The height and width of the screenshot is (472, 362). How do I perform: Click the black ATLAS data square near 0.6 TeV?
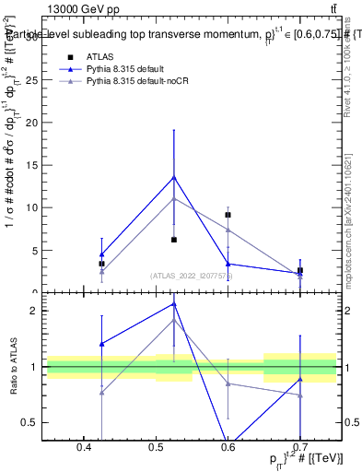pos(228,215)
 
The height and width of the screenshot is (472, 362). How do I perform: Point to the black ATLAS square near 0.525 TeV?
pos(173,240)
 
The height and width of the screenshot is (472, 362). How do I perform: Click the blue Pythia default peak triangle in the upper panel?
pos(173,177)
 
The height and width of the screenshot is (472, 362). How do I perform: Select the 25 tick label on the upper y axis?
pos(33,80)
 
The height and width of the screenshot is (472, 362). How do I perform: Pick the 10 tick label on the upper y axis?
pos(33,208)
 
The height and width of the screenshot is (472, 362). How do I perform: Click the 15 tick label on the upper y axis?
pos(33,166)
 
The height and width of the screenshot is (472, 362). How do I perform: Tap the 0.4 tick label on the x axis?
pos(84,446)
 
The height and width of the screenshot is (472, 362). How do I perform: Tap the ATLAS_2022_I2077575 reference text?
pos(192,275)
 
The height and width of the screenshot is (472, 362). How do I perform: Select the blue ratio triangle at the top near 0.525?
pos(173,303)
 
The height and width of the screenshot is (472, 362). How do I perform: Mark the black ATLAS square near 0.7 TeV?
pos(300,271)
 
